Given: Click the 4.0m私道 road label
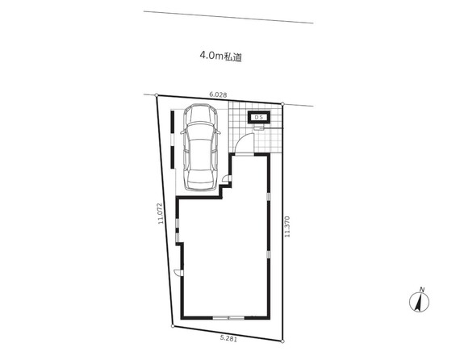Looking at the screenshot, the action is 221,57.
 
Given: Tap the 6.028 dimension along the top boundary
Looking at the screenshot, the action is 218,94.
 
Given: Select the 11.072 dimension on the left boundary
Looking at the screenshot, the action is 161,213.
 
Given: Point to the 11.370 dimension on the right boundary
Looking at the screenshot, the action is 286,227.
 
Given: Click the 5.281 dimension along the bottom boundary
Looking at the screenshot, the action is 228,339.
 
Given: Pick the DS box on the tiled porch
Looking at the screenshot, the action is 259,117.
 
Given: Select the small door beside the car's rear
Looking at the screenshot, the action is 227,178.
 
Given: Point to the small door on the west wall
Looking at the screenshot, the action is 178,272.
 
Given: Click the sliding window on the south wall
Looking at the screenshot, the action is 228,318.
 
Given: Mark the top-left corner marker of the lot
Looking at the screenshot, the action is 157,95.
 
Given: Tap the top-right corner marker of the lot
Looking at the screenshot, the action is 282,104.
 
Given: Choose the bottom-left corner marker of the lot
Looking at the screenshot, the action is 173,326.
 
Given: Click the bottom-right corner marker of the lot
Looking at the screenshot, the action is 282,341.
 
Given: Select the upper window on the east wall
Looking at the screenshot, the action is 269,197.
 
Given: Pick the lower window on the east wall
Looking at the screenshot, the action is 269,254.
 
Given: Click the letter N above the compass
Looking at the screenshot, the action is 422,290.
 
